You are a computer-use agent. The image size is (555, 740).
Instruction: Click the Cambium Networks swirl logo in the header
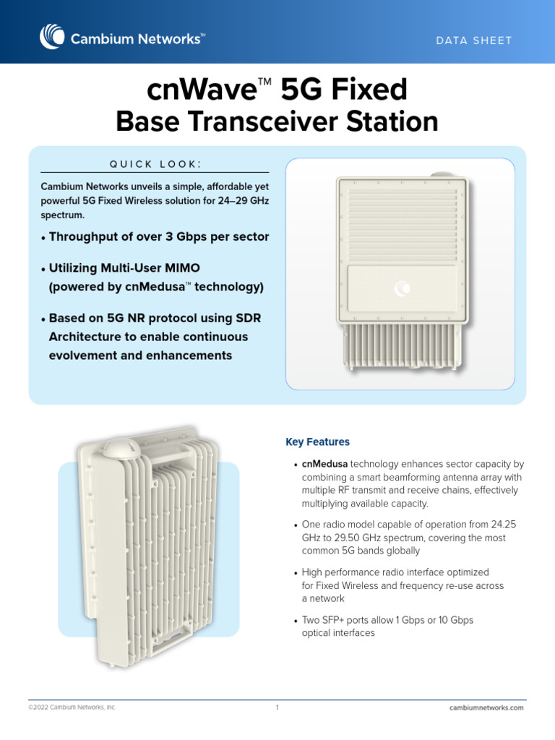pos(52,38)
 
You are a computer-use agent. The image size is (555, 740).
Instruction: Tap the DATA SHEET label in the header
pos(474,40)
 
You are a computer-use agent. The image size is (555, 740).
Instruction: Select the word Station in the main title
pos(392,121)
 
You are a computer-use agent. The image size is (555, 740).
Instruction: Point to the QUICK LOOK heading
pos(155,164)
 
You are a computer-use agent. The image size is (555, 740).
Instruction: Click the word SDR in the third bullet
pos(247,318)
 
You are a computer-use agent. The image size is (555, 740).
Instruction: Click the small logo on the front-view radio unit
pos(401,291)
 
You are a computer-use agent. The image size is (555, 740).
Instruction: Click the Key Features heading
pos(317,442)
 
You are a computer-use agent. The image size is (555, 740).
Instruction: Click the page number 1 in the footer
pos(277,707)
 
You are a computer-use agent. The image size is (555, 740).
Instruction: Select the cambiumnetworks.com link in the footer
pos(486,707)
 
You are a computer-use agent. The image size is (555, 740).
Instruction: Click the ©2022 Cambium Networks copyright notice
pos(72,707)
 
